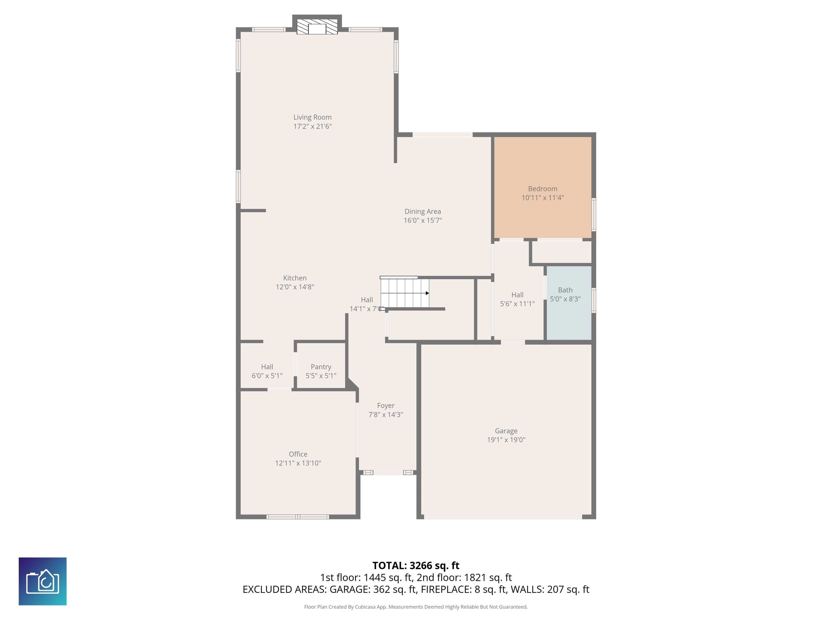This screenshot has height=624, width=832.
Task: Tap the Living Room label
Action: [313, 117]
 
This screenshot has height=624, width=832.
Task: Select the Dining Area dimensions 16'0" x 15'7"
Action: [423, 220]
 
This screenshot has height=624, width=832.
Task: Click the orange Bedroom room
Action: [542, 187]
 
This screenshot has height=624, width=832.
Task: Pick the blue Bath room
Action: [569, 303]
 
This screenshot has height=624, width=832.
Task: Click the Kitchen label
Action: [295, 278]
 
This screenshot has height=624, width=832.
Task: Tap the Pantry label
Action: [321, 367]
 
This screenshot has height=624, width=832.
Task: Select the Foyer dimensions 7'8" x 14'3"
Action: [386, 414]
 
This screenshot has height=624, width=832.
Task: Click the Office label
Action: [298, 454]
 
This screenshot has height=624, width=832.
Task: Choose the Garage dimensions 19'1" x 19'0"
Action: [506, 440]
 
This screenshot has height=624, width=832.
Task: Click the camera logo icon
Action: [43, 581]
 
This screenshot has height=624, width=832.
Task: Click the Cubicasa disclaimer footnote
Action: [416, 607]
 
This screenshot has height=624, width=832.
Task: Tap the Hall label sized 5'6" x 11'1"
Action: [517, 295]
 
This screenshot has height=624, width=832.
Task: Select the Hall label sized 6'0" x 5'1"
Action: [267, 367]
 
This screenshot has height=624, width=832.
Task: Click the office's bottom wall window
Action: [298, 517]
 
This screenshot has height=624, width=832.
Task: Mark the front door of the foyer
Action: [388, 472]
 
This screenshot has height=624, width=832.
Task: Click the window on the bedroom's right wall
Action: [594, 214]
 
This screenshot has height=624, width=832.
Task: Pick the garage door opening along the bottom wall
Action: [503, 517]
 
